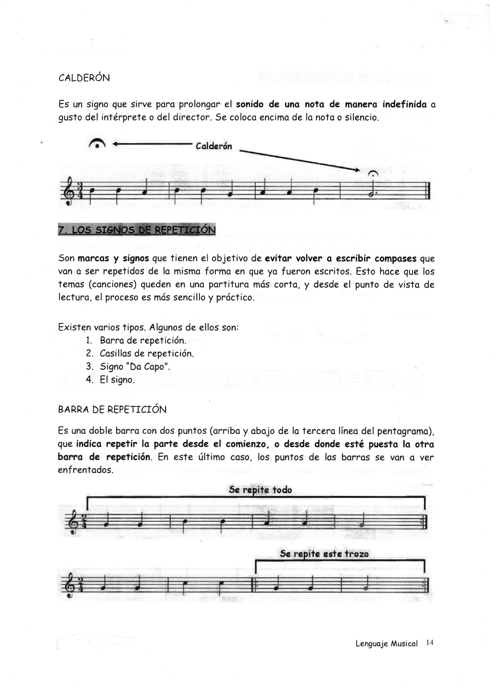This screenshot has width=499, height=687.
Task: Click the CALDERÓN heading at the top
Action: pos(84,78)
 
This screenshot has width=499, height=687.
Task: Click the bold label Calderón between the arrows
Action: pos(214,146)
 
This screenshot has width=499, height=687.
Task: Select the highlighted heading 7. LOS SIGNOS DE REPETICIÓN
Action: pos(136,230)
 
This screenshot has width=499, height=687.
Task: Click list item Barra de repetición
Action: pos(143,340)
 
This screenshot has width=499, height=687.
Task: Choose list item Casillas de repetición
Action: pos(147,353)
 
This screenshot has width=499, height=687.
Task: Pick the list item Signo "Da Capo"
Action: pos(135,367)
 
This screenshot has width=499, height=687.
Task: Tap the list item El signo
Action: pos(117,380)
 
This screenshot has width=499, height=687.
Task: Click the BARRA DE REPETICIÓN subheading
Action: pos(112,410)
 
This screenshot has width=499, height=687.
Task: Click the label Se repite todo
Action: pos(260,490)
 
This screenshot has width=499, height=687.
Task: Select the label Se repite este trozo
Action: pos(324,554)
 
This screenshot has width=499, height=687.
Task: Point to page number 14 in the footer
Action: pos(430,643)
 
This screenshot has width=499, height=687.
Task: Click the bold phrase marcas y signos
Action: pos(113,259)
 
